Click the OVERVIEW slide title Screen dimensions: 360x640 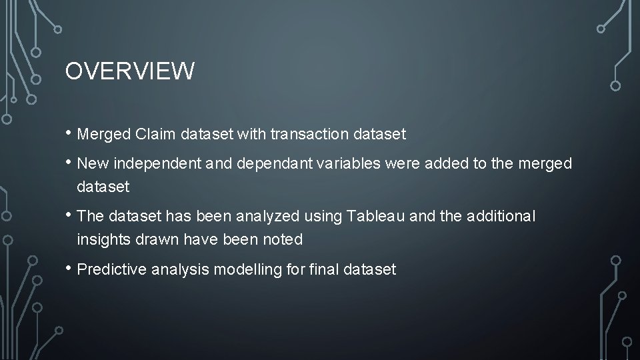click(x=130, y=71)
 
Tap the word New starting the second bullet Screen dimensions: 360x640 click(x=92, y=164)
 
